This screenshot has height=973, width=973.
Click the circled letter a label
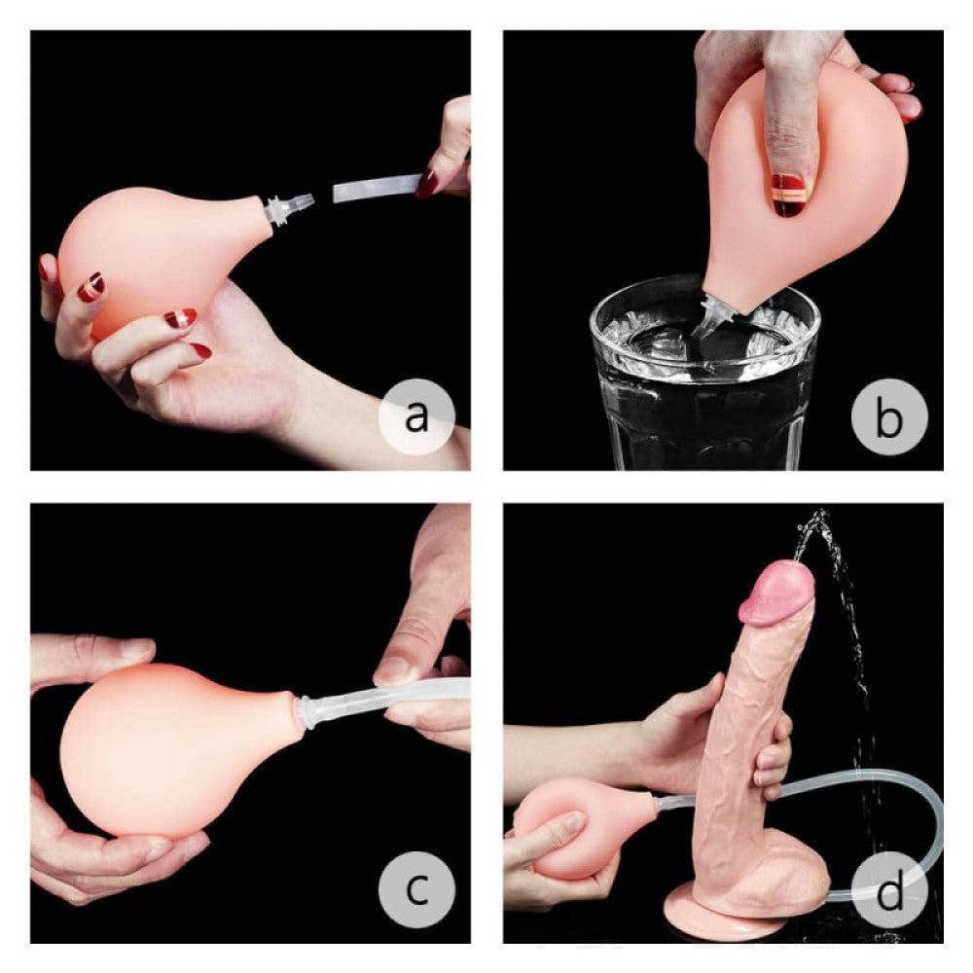point(415,415)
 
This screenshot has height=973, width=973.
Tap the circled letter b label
point(889,415)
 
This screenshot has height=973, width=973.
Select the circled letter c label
point(415,888)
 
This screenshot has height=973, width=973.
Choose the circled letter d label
point(889,888)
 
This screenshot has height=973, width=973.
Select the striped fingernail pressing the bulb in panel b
point(789,194)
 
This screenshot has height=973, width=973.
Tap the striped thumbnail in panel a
point(91,286)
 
